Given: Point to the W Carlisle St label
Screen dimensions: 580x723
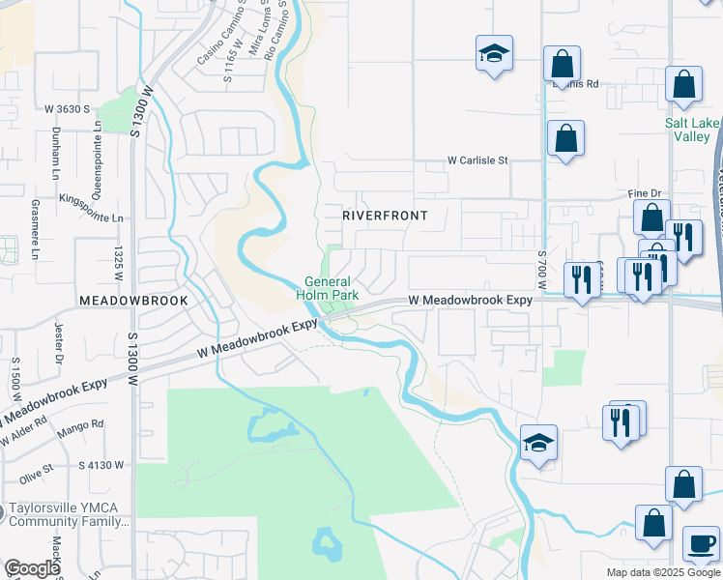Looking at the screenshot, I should point(477,160).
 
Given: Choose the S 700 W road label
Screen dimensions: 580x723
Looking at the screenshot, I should point(541,270).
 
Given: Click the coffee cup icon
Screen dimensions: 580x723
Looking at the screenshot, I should point(701,542).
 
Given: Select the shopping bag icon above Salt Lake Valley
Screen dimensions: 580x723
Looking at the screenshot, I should point(683,85).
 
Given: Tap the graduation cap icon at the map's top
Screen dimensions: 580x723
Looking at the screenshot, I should point(494,54).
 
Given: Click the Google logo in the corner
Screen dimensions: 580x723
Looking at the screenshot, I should point(31,568).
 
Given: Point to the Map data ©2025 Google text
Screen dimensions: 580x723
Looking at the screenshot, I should point(663,572).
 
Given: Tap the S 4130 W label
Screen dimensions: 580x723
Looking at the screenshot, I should point(101,465).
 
